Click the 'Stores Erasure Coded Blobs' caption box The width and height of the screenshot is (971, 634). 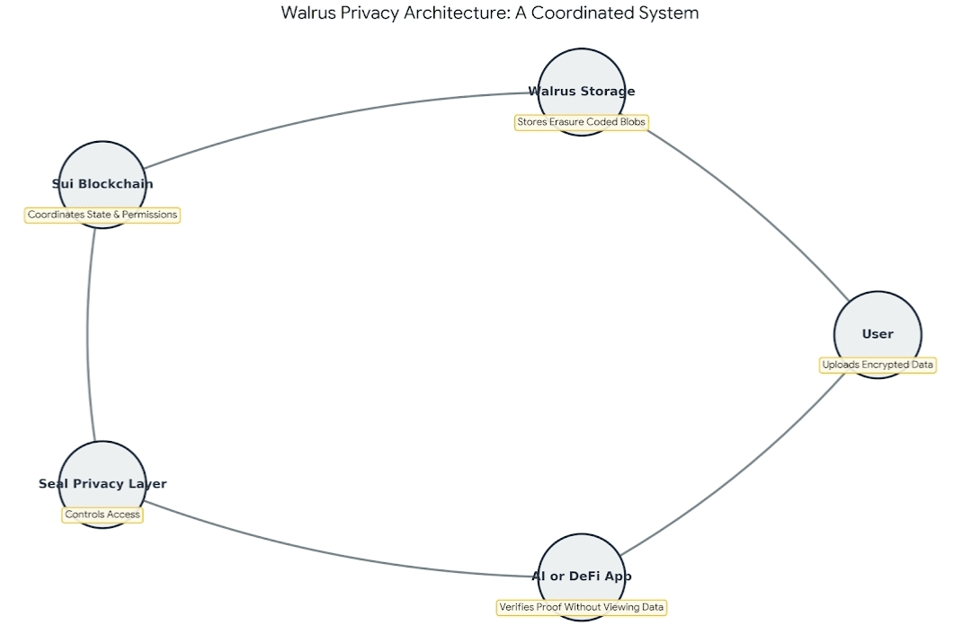coord(581,122)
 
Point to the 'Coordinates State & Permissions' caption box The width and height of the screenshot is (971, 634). coord(102,216)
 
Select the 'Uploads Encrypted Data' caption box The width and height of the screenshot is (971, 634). coord(877,365)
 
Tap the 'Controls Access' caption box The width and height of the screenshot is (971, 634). coord(102,515)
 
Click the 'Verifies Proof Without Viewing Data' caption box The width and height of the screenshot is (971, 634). coord(582,608)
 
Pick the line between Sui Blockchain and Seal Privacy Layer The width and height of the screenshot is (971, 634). coord(88,332)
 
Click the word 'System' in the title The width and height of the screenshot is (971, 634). coord(673,13)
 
